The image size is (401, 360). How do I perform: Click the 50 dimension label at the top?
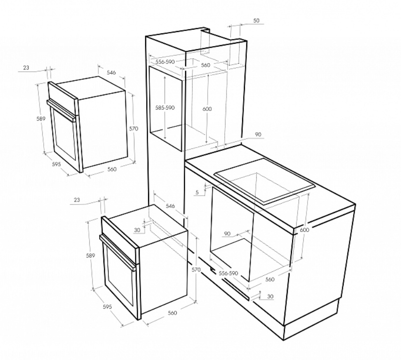click(x=256, y=21)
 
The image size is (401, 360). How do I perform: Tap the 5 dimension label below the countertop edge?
click(x=197, y=192)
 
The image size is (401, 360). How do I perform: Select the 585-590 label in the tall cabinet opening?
click(x=165, y=108)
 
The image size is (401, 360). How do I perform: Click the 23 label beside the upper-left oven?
click(x=26, y=68)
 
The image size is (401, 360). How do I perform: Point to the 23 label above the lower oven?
click(x=77, y=200)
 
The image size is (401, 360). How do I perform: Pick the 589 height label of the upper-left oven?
click(x=40, y=118)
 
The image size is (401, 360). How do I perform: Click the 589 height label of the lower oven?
click(x=90, y=255)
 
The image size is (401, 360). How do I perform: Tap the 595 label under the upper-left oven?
click(x=56, y=164)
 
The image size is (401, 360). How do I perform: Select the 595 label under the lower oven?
click(x=107, y=306)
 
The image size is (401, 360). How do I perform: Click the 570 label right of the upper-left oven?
click(x=134, y=129)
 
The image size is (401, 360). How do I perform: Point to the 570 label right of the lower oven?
click(x=196, y=269)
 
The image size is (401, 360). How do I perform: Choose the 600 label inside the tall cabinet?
click(x=207, y=109)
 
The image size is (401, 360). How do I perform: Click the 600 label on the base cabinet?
click(x=304, y=230)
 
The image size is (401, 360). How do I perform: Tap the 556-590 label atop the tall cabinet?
click(x=165, y=62)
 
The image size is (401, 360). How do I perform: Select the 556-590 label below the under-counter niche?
click(x=228, y=274)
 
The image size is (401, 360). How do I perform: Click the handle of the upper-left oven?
click(x=62, y=110)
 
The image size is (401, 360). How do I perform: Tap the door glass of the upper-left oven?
click(x=65, y=134)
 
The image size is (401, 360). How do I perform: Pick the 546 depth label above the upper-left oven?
click(x=111, y=73)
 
